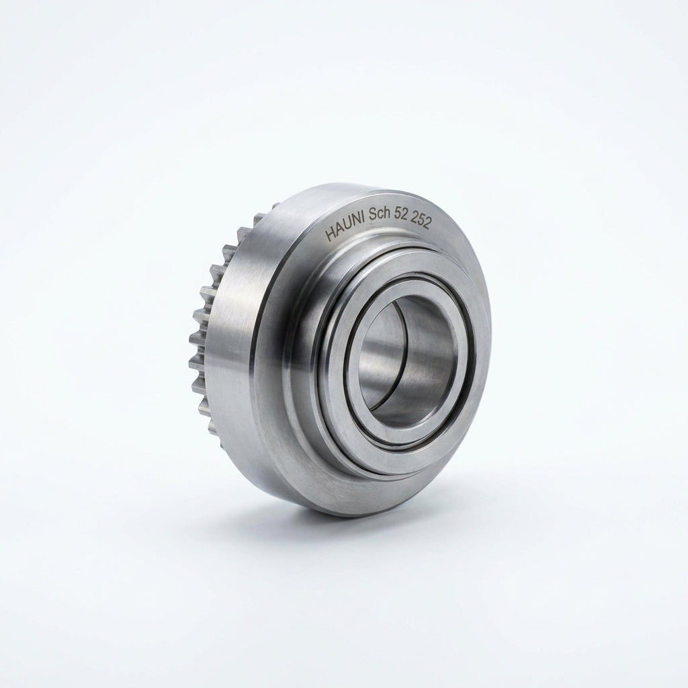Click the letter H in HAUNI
329,236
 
